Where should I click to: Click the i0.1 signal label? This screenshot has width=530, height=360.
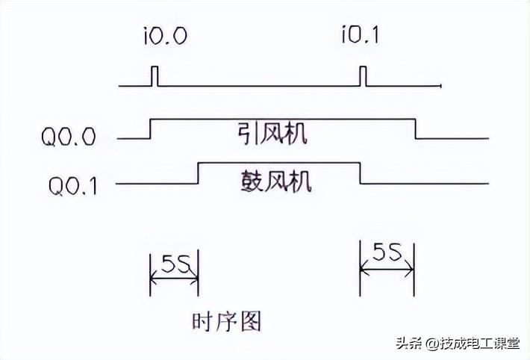(x=361, y=36)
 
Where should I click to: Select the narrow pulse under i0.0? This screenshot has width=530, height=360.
(x=155, y=76)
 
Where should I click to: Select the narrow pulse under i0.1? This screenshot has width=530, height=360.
(x=363, y=76)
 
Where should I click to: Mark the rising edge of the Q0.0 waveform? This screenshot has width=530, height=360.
(x=151, y=128)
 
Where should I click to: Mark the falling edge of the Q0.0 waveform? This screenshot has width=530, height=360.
(x=415, y=128)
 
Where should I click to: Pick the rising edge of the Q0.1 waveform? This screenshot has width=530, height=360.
(x=198, y=173)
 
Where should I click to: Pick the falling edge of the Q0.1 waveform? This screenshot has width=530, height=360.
(x=361, y=173)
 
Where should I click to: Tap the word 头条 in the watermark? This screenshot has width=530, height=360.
(x=409, y=343)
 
